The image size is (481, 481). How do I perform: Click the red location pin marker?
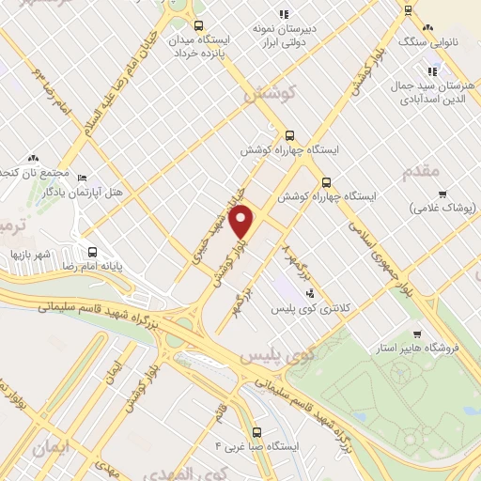click(x=242, y=222)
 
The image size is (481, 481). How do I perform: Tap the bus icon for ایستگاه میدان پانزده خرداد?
click(x=198, y=26)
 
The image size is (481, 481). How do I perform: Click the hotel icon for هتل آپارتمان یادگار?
click(x=82, y=178)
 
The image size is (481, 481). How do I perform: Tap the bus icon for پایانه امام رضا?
click(x=92, y=252)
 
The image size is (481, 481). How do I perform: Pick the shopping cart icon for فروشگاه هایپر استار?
click(x=415, y=334)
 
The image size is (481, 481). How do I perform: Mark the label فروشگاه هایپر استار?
click(x=441, y=348)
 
